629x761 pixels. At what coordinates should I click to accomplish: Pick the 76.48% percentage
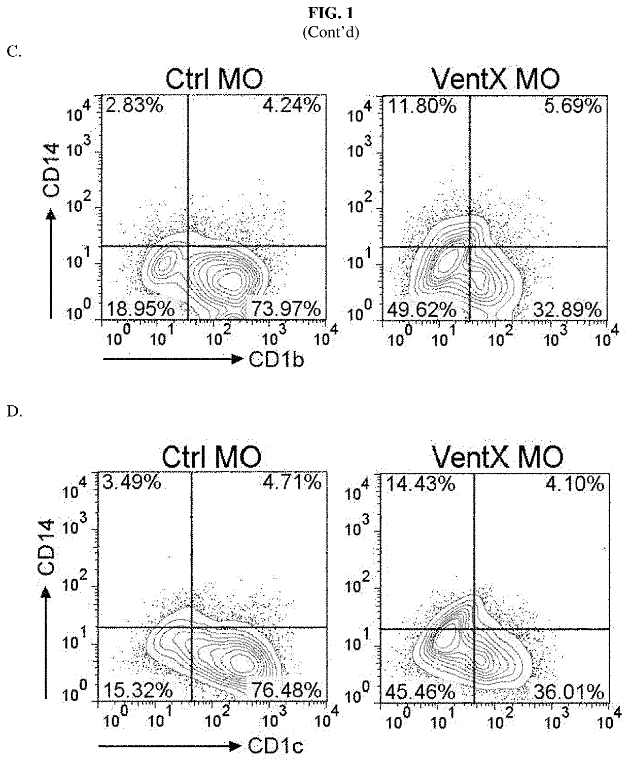tap(292, 690)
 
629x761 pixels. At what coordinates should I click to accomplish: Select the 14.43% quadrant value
tap(421, 484)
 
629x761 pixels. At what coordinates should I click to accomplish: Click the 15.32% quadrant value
tap(138, 690)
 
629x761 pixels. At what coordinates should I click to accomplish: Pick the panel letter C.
tap(14, 51)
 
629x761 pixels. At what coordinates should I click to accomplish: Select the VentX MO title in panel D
tap(497, 456)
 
